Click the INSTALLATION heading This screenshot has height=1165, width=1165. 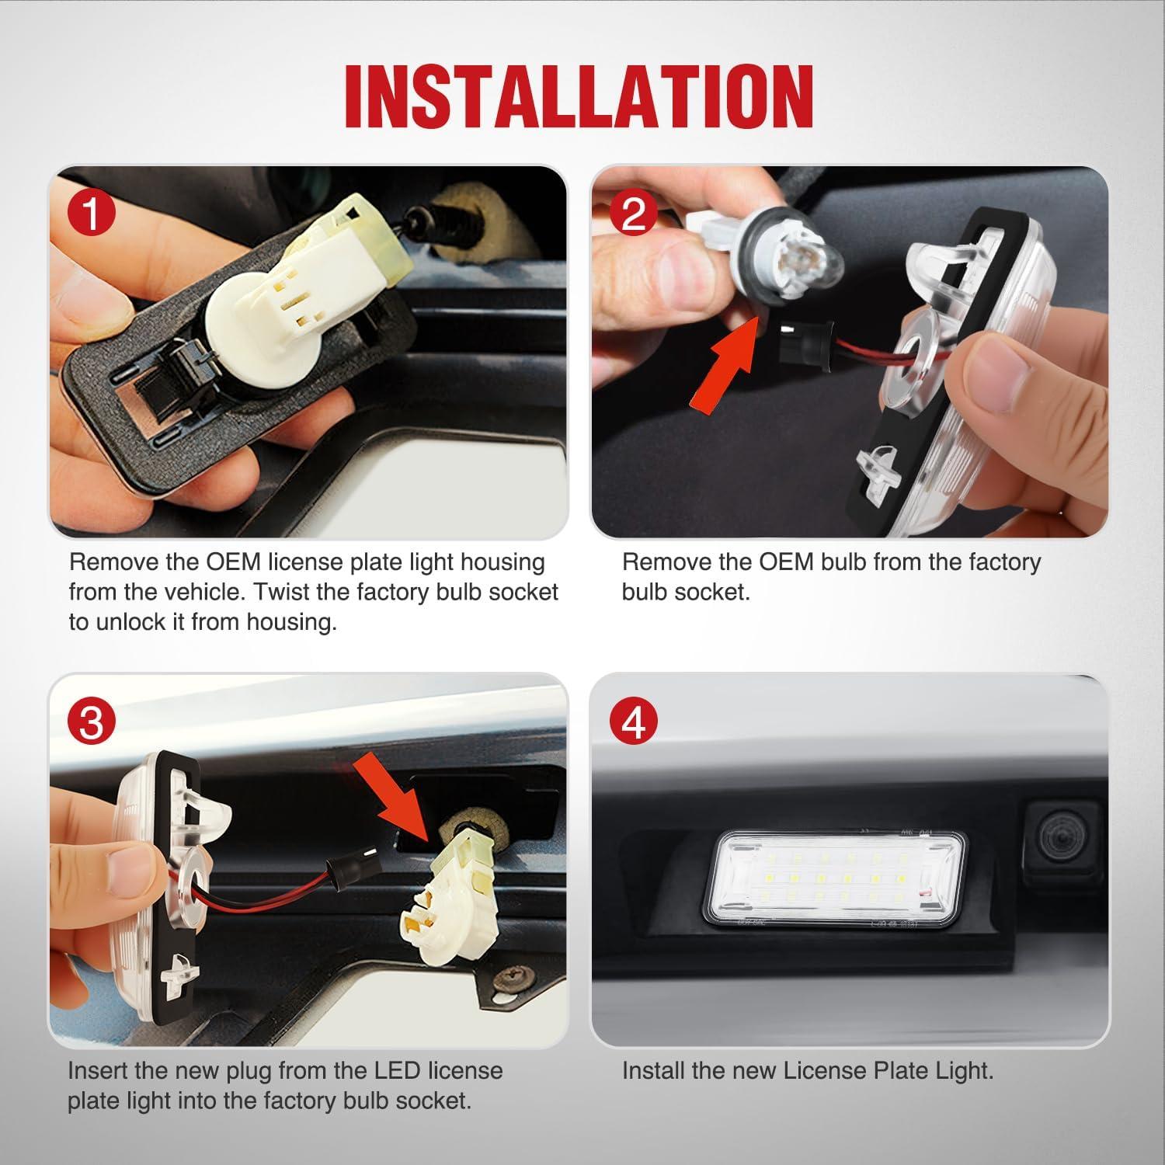(580, 96)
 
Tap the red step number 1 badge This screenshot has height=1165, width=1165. (91, 214)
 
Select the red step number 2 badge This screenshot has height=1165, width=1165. (634, 214)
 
